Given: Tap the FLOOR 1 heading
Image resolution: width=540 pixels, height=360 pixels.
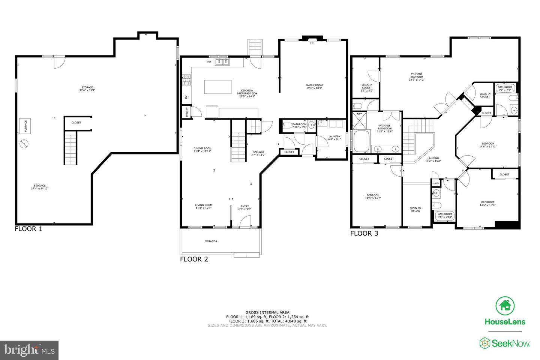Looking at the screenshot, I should click(x=28, y=229).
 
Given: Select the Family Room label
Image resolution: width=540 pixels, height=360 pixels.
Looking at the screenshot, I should click(x=314, y=87).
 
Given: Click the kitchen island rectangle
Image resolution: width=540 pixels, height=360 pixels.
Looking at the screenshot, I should click(x=218, y=87).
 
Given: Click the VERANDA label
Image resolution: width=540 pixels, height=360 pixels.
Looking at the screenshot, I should click(x=211, y=241).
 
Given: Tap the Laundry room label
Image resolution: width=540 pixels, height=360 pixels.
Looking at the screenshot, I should click(x=334, y=138).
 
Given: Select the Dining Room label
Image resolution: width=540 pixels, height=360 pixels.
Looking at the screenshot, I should click(x=202, y=150).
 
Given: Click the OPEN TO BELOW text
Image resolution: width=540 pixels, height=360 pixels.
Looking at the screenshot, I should click(x=415, y=209).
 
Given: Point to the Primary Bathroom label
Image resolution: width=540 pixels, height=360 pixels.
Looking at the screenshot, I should click(x=384, y=129).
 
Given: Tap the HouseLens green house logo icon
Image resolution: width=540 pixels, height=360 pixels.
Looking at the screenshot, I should click(x=505, y=306).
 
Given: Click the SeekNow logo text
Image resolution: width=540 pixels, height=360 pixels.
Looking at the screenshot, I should click(x=504, y=343).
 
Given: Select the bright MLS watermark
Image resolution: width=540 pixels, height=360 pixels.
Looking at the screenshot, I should click(x=29, y=350).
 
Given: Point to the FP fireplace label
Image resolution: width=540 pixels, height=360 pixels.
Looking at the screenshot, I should click(x=312, y=43).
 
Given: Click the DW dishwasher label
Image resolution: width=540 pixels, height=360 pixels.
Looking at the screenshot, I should click(x=208, y=62).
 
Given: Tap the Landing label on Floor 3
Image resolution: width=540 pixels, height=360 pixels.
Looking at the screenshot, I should click(x=433, y=159).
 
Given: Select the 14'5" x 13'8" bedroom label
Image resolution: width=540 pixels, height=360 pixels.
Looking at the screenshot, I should click(x=487, y=204).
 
